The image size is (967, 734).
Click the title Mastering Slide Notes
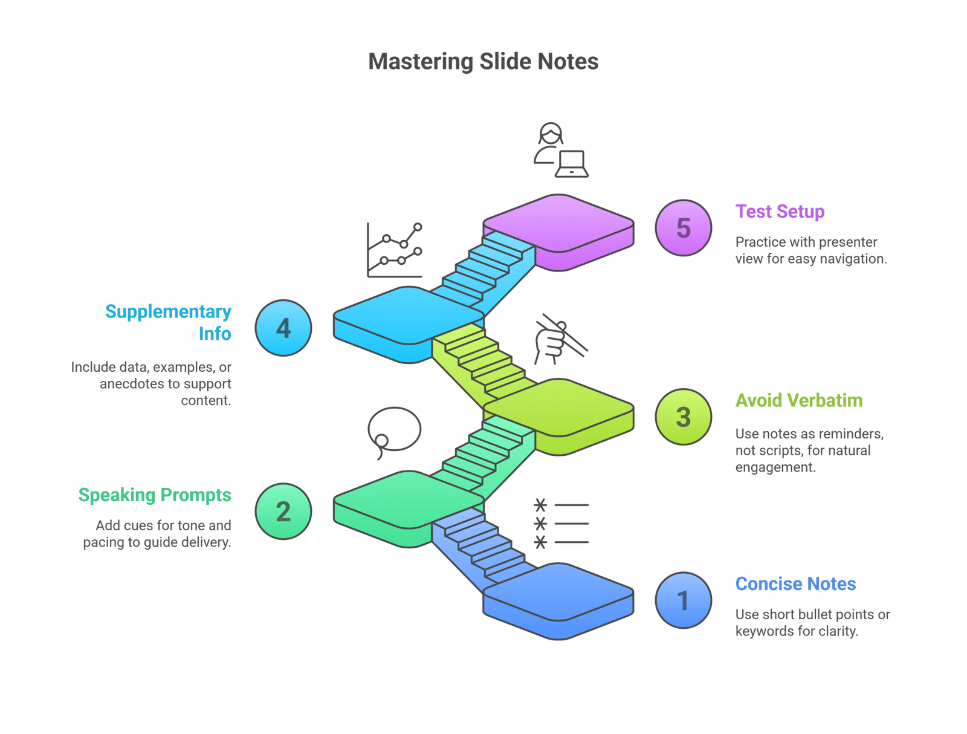483,62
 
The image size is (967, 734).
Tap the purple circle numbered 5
684,228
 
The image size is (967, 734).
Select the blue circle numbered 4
283,328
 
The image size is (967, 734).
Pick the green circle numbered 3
684,417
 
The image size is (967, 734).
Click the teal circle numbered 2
283,512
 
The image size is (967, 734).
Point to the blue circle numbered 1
684,600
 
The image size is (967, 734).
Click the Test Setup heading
780,212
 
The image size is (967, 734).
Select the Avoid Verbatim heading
799,400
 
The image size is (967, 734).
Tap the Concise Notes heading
796,584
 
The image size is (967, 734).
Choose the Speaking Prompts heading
155,495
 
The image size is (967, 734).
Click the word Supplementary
168,311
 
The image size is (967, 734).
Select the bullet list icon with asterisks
561,524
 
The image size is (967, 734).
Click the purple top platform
558,224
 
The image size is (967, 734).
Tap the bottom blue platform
558,593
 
